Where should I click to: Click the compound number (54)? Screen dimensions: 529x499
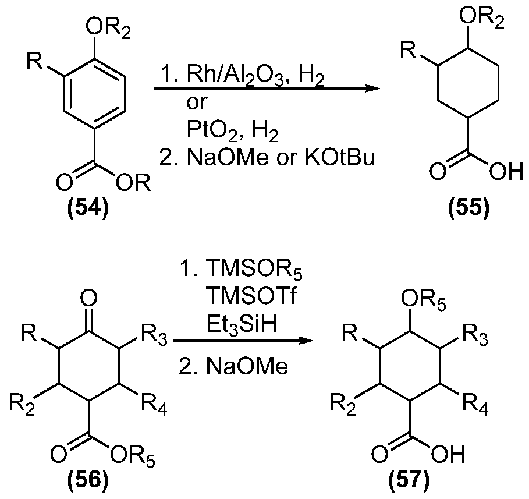(88, 208)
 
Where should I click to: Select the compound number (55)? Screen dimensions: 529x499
(468, 208)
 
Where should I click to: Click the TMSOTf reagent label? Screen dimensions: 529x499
(251, 296)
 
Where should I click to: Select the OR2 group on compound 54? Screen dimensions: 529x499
(108, 29)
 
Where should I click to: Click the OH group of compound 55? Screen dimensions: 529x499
(506, 172)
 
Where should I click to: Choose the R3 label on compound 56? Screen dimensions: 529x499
(154, 335)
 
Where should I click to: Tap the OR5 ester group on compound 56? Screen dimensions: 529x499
(133, 457)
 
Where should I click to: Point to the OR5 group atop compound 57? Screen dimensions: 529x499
(424, 300)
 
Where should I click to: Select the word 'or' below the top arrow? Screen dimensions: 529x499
(197, 102)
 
